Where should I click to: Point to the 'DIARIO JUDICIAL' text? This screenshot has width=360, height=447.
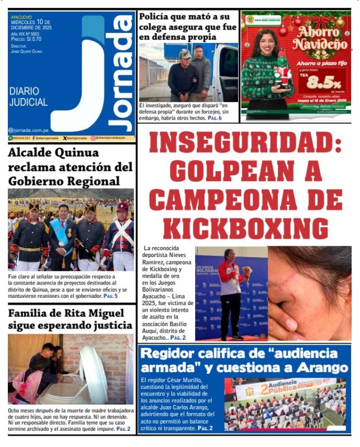click(x=28, y=96)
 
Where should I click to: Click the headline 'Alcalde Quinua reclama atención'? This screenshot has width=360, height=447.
click(x=70, y=167)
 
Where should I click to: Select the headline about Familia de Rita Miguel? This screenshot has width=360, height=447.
click(x=70, y=320)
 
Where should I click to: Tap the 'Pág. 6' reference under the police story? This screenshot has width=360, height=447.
click(x=215, y=118)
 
